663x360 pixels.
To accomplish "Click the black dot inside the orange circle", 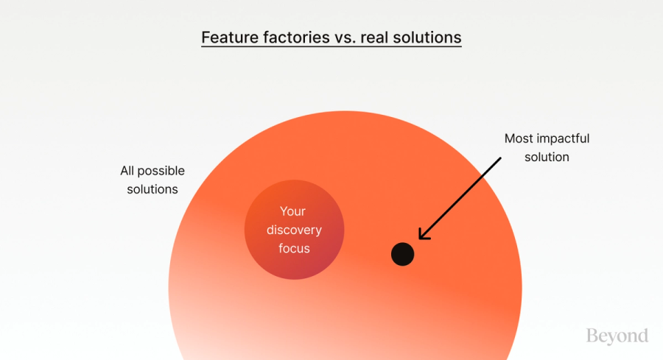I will click(x=402, y=254).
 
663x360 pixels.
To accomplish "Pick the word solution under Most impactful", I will click(x=547, y=157).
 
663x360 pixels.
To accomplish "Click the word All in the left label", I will click(x=128, y=171).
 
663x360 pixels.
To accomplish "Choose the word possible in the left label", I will click(x=162, y=171).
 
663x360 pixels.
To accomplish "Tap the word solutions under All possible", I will click(x=152, y=189).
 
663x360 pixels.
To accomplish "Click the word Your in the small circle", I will click(x=293, y=211).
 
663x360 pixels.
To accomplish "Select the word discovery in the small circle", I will click(x=294, y=230).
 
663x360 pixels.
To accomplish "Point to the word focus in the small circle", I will click(x=294, y=248).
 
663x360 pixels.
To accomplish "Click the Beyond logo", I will click(x=617, y=336).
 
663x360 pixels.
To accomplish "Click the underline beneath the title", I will click(x=331, y=47).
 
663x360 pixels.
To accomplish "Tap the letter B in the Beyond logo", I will click(x=592, y=336).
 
